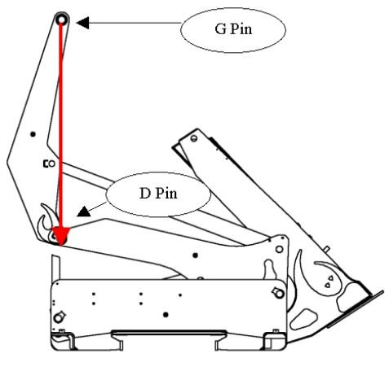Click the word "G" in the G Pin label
tap(220, 29)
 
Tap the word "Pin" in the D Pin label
tap(166, 194)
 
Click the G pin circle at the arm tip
tap(61, 20)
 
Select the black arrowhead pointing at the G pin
tap(82, 23)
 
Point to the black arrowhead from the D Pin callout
tap(84, 212)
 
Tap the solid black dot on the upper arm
tap(33, 134)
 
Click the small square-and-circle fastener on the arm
tap(49, 164)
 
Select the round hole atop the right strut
tap(194, 138)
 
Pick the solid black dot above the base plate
tap(195, 255)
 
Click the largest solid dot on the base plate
tap(166, 315)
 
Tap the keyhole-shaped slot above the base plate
tap(268, 269)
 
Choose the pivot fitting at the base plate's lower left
tap(60, 316)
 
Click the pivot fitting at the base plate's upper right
tap(278, 292)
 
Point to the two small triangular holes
tap(329, 282)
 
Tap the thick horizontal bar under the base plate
tap(169, 333)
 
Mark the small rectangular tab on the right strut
tap(327, 248)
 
